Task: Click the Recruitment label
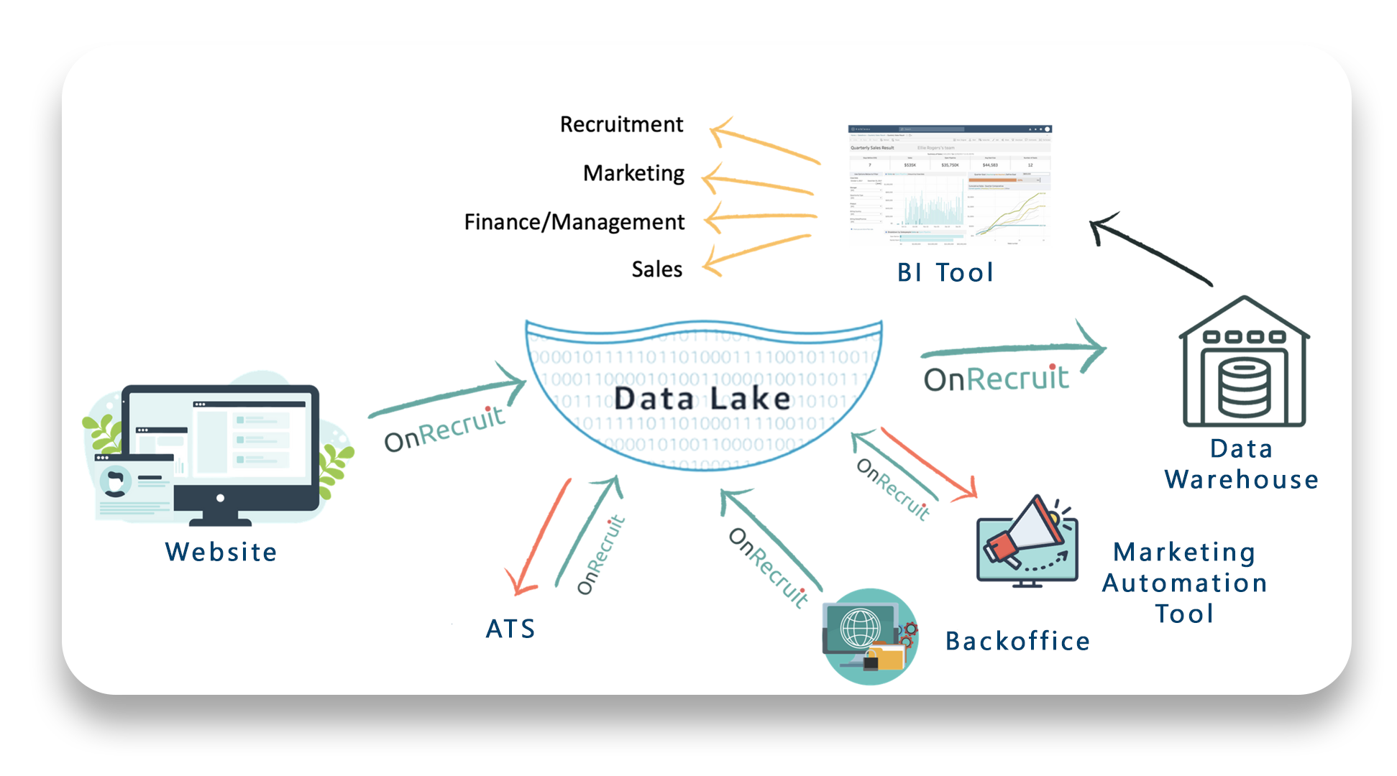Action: [x=621, y=124]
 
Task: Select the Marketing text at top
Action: [x=633, y=173]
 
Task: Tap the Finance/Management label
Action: [x=574, y=222]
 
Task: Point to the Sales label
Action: [x=656, y=269]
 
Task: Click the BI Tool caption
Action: [x=945, y=272]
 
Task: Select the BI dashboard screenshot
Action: [x=949, y=185]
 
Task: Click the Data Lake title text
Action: [x=702, y=399]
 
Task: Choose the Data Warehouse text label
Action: [x=1242, y=464]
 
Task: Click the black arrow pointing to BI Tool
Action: [x=1150, y=249]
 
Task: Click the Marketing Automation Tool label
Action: [x=1184, y=583]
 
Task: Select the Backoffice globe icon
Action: [x=870, y=636]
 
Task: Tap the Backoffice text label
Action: [x=1017, y=641]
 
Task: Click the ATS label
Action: [x=510, y=629]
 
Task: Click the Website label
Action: [x=221, y=552]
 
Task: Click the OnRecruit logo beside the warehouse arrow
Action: [x=996, y=378]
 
